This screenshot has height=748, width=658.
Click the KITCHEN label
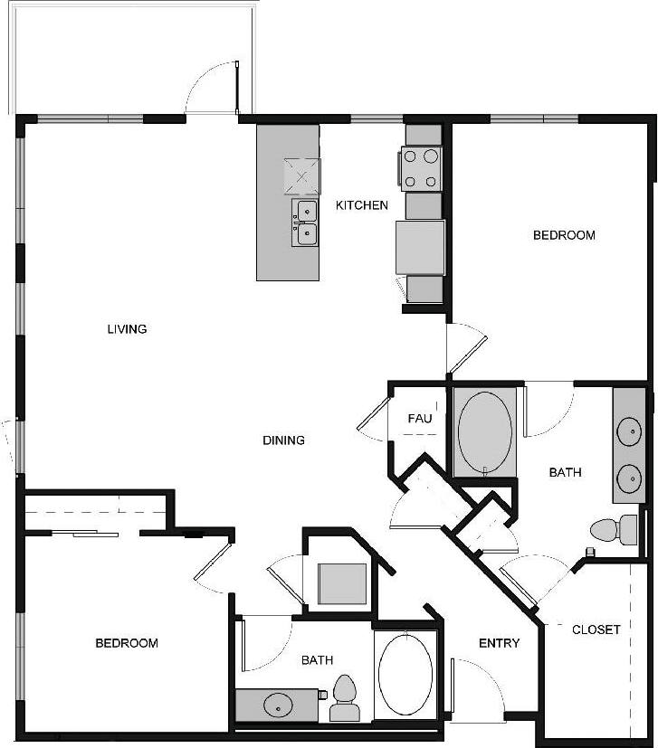pyautogui.click(x=362, y=205)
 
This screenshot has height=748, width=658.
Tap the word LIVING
pyautogui.click(x=127, y=329)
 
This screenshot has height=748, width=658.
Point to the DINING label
pyautogui.click(x=283, y=440)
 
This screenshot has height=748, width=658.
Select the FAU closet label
pyautogui.click(x=419, y=419)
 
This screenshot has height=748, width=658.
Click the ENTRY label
pyautogui.click(x=499, y=643)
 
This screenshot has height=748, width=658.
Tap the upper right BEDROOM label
pyautogui.click(x=564, y=235)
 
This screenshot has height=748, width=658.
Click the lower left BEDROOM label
pyautogui.click(x=127, y=643)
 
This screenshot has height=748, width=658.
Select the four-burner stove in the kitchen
pyautogui.click(x=422, y=168)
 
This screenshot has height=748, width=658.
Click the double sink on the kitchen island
pyautogui.click(x=305, y=223)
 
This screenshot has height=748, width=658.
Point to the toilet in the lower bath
pyautogui.click(x=345, y=698)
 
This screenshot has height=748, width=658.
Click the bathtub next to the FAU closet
pyautogui.click(x=485, y=431)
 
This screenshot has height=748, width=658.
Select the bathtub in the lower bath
pyautogui.click(x=405, y=674)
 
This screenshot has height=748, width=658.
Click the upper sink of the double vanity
pyautogui.click(x=627, y=432)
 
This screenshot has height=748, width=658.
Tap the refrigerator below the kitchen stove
pyautogui.click(x=420, y=247)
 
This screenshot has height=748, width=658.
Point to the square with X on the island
pyautogui.click(x=302, y=176)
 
